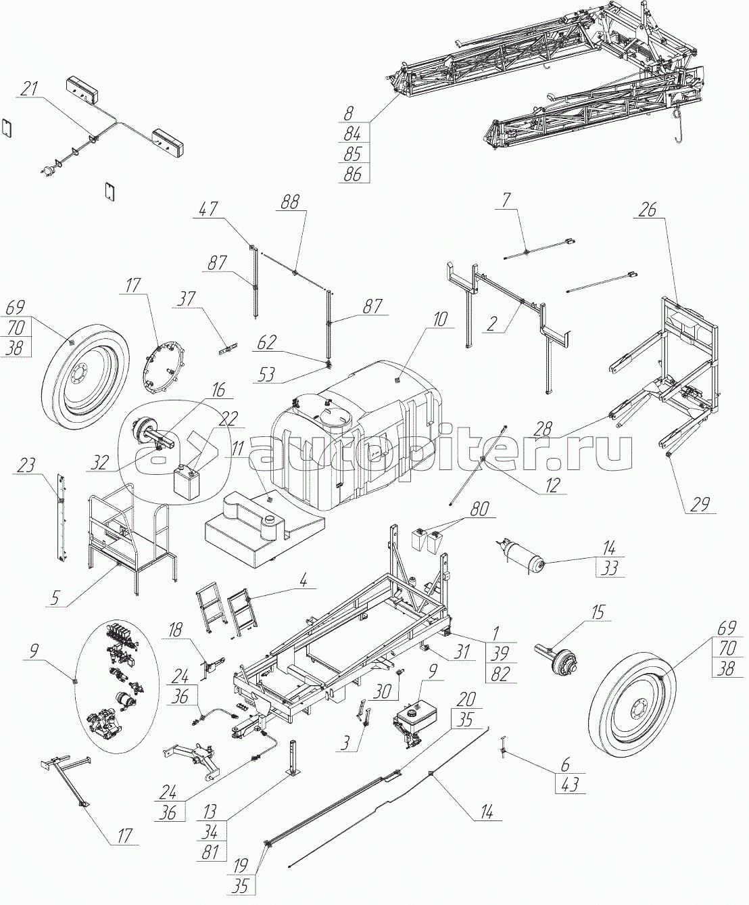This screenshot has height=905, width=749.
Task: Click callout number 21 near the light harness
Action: point(29,88)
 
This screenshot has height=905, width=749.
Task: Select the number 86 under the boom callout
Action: point(352,173)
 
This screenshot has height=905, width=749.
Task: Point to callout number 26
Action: point(648,210)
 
